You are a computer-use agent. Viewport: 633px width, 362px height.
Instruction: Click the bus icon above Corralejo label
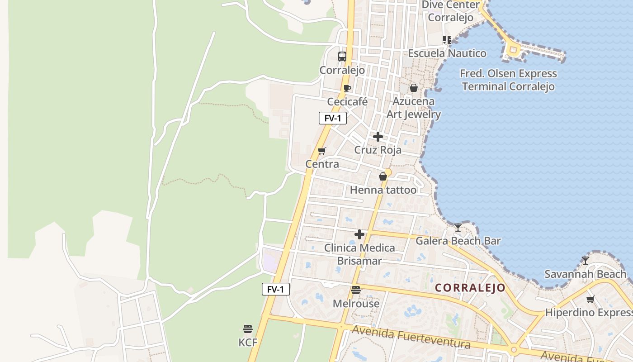[342, 57]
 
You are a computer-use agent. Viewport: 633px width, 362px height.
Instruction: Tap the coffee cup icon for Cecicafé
[347, 88]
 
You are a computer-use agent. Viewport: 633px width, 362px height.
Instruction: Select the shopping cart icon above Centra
[321, 151]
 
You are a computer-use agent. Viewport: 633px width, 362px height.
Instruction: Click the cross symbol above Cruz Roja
[378, 136]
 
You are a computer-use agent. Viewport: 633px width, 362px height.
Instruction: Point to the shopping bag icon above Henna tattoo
[383, 176]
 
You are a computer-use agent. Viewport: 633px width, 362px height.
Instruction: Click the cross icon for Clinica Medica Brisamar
[359, 234]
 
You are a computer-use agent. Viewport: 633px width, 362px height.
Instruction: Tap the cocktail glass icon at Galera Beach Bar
[458, 227]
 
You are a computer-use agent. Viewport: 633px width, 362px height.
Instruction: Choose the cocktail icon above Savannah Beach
[586, 260]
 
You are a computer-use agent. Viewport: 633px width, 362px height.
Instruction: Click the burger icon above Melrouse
[356, 290]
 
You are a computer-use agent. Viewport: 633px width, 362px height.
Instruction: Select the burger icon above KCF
[247, 329]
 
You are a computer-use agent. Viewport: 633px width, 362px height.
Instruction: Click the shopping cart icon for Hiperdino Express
[590, 299]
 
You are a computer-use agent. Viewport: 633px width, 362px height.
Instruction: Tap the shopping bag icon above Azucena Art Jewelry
[413, 88]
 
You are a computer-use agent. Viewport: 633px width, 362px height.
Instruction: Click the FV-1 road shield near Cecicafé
[333, 118]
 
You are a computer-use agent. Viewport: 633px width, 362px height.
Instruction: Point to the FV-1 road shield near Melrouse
[275, 289]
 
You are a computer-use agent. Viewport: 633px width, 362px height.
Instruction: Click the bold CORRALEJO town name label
[470, 288]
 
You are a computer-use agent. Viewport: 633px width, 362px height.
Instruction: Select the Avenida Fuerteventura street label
[411, 337]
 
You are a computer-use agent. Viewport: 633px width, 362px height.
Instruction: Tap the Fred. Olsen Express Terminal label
[508, 80]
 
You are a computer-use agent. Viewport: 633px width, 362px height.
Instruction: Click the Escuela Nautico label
[447, 53]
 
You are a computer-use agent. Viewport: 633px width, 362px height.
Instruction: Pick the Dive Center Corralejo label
[450, 11]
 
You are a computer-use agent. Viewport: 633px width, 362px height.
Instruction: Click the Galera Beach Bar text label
[458, 241]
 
